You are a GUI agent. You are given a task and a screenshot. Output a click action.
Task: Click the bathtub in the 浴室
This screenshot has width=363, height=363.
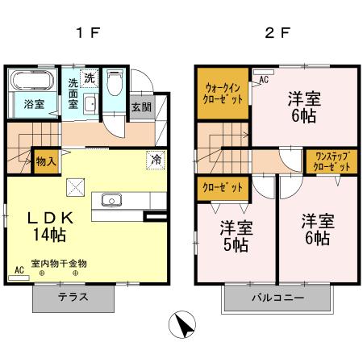pos(33,80)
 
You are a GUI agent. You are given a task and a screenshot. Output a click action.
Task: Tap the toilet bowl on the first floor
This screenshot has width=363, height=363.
pos(115,81)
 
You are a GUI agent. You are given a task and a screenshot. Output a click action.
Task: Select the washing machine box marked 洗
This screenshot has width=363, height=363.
pos(89,78)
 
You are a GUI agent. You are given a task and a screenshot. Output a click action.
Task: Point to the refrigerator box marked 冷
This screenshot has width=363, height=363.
pos(156,161)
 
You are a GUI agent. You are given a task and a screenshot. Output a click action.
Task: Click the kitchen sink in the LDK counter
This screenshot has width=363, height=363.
pos(111,200)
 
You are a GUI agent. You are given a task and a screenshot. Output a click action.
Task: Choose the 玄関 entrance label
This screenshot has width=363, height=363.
pos(142,107)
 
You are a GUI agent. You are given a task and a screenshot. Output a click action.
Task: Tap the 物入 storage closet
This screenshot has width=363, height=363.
pos(46,161)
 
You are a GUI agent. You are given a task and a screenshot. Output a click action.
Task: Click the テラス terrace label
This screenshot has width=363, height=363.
pos(73,297)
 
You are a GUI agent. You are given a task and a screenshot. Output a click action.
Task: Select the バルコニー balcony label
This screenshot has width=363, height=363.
pos(277,298)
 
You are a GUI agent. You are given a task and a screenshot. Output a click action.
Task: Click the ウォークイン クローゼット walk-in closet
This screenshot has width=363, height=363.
pos(223,93)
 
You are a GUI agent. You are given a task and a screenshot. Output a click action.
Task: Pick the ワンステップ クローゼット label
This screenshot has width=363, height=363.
pos(332,161)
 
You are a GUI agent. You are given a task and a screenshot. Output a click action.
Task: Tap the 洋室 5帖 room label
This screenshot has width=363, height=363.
pos(236,236)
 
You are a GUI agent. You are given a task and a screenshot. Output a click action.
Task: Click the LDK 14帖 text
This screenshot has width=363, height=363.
pos(51,227)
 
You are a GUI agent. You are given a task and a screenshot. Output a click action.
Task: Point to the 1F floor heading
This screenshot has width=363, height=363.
pos(89,33)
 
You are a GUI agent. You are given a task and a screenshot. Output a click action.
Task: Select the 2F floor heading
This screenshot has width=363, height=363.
pos(277,33)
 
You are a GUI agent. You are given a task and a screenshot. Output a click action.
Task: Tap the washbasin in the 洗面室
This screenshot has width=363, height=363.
pos(90,104)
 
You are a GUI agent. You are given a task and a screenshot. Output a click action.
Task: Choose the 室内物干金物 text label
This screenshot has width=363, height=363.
pos(59,264)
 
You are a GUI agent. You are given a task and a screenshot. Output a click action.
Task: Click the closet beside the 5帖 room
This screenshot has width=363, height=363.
pos(223,188)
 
